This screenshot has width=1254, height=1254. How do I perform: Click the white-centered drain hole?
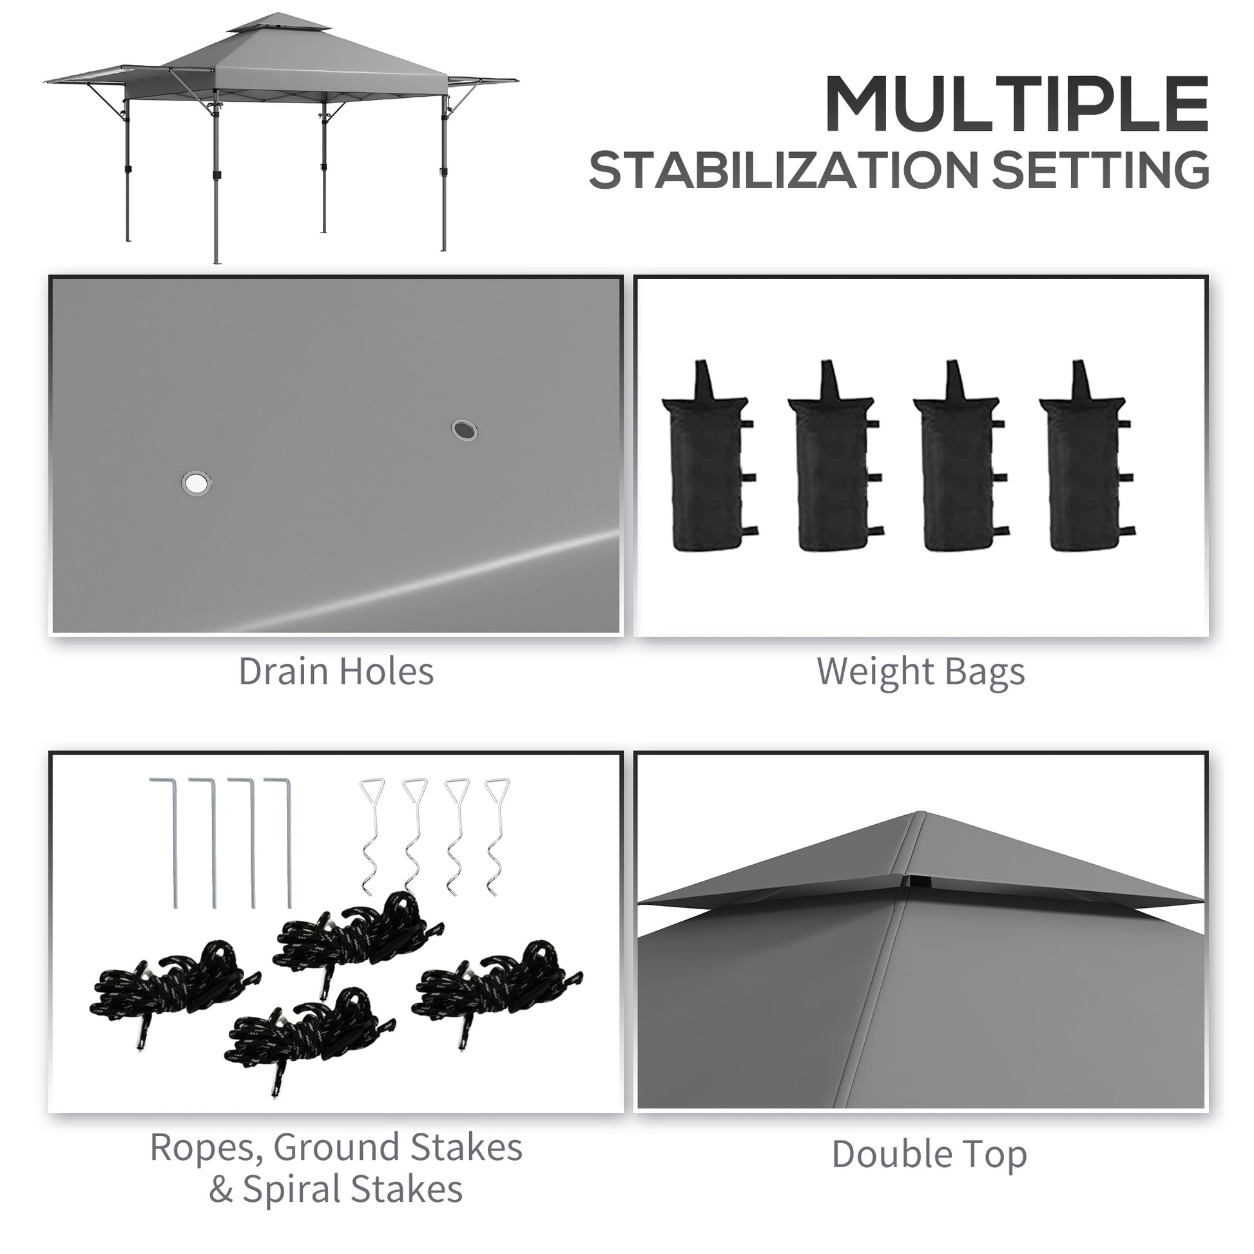pos(196,483)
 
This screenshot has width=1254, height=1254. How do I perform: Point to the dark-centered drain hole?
pos(463,430)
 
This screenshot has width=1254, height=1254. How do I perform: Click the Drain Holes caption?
pos(336,671)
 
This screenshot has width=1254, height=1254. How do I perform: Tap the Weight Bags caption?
pos(920,671)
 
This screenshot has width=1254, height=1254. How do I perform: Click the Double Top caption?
pos(929,1154)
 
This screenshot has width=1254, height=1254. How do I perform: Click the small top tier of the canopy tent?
pos(279,24)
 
